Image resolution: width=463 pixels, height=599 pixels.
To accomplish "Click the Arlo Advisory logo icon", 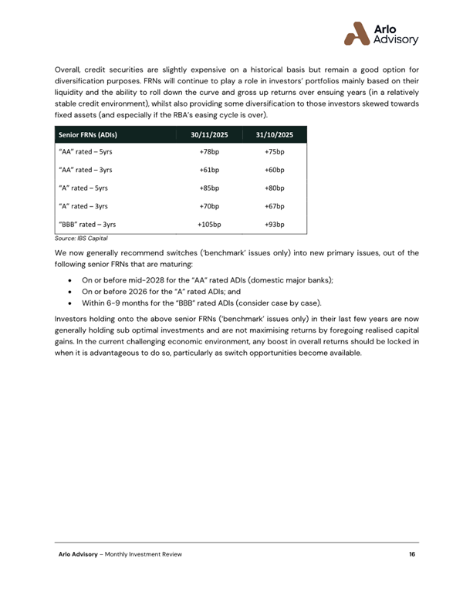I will pyautogui.click(x=357, y=33).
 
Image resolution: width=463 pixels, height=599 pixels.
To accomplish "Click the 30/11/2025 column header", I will pyautogui.click(x=210, y=135).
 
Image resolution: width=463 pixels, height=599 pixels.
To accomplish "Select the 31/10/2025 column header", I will pyautogui.click(x=275, y=135).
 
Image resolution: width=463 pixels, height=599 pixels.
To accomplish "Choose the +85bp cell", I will pyautogui.click(x=210, y=188).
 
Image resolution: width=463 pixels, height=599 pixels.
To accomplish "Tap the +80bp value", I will pyautogui.click(x=275, y=188).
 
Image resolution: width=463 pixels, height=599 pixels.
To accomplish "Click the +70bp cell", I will pyautogui.click(x=210, y=207).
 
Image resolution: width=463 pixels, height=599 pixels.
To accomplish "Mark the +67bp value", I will pyautogui.click(x=275, y=207).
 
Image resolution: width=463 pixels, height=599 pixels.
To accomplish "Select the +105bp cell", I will pyautogui.click(x=210, y=225).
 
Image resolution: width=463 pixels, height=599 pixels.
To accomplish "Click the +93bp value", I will pyautogui.click(x=275, y=225).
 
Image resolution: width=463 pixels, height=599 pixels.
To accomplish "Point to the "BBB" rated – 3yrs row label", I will pyautogui.click(x=87, y=225).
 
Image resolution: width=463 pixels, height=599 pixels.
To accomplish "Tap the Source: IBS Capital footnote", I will pyautogui.click(x=80, y=239).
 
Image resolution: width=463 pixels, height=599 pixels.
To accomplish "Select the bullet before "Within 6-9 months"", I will pyautogui.click(x=72, y=303).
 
